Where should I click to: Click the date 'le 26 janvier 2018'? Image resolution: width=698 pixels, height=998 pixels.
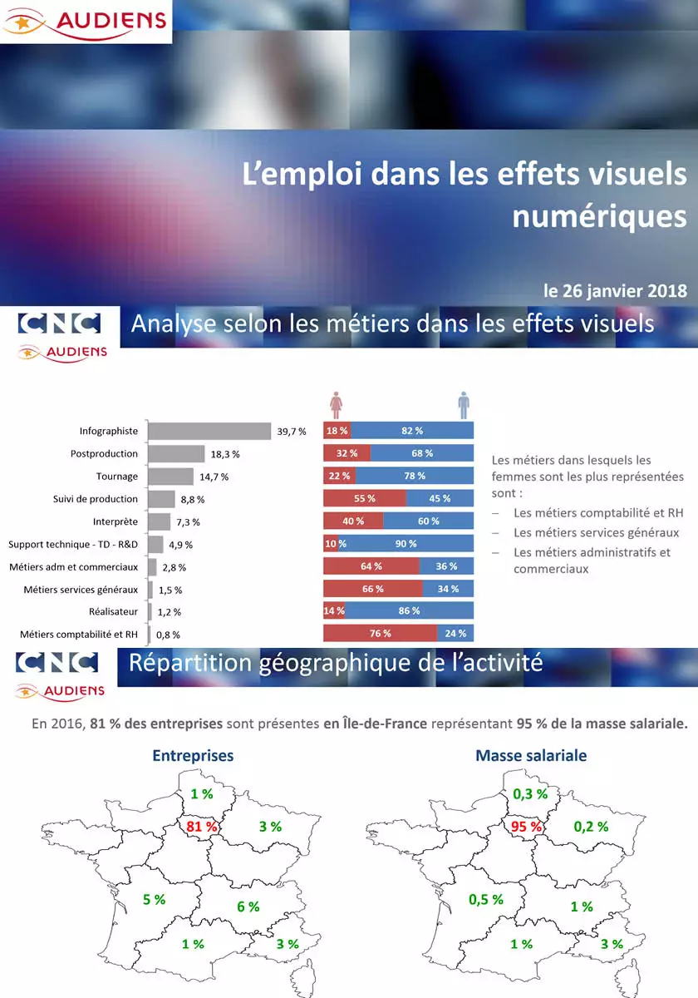pos(615,291)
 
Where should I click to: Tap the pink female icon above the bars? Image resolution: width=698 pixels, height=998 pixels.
pos(337,406)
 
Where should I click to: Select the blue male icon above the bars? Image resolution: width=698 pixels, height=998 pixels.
pos(464,406)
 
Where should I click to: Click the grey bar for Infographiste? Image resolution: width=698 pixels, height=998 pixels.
pos(209,431)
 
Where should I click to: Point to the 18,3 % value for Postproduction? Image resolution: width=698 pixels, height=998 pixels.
pos(225,454)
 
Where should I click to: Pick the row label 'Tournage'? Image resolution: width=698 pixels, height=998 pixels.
pos(117,477)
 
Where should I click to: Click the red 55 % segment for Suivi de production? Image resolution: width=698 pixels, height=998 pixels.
pos(365,498)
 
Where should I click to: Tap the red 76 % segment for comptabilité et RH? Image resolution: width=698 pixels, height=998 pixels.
pos(380,634)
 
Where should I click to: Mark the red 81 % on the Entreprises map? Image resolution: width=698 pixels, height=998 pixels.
pos(202,827)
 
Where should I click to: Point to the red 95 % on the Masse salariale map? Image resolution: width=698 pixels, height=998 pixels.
pos(526,827)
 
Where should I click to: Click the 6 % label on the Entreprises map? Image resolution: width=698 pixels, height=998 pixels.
pos(248,907)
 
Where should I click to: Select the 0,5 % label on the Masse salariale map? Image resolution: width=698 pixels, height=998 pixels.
pos(486,899)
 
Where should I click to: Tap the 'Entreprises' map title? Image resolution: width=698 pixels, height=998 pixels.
pos(193,756)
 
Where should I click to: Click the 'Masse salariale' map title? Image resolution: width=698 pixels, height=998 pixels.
pos(531,756)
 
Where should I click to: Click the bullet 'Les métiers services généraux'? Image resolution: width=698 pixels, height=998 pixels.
pos(596,532)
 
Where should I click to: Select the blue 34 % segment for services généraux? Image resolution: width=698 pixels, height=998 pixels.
pos(448,589)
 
